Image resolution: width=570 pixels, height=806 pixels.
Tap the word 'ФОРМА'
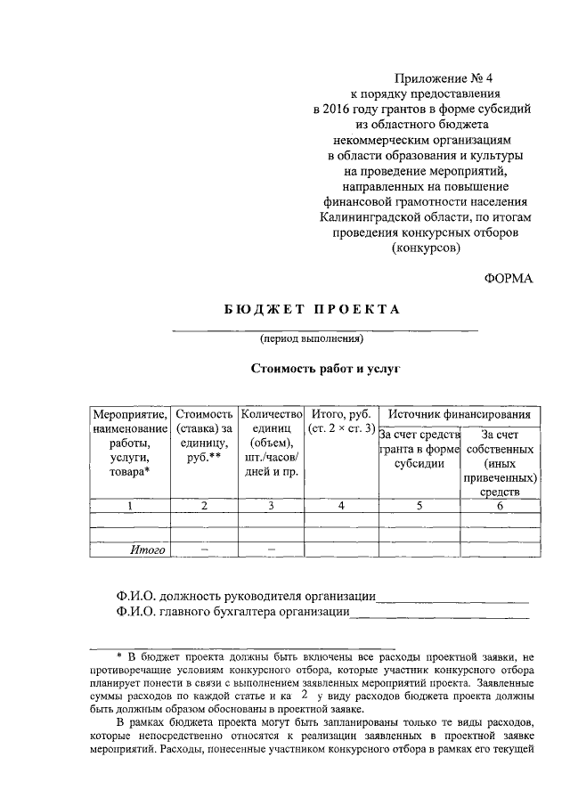tap(509, 279)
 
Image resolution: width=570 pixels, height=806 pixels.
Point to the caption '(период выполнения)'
tap(311, 338)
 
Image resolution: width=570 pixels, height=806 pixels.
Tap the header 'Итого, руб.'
tap(341, 414)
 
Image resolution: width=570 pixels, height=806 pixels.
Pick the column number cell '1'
tap(130, 506)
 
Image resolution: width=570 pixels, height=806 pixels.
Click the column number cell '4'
tap(341, 506)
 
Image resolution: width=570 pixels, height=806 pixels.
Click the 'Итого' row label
tap(148, 550)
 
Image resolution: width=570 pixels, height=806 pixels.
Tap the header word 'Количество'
tap(273, 414)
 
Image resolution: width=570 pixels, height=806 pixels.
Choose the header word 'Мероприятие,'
tap(130, 414)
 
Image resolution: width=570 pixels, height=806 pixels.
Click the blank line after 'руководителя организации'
tap(452, 596)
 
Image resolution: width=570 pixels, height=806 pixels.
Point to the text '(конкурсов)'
tap(425, 250)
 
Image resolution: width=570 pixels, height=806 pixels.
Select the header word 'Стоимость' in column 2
tap(205, 414)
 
